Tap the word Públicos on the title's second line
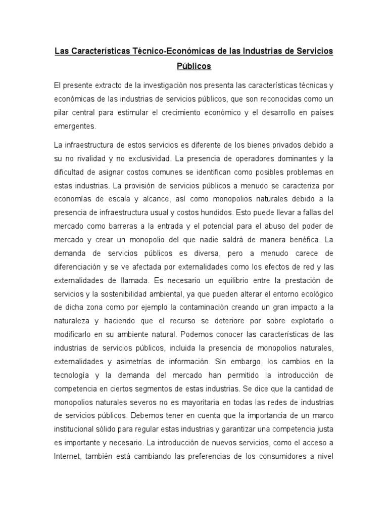pyautogui.click(x=194, y=67)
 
